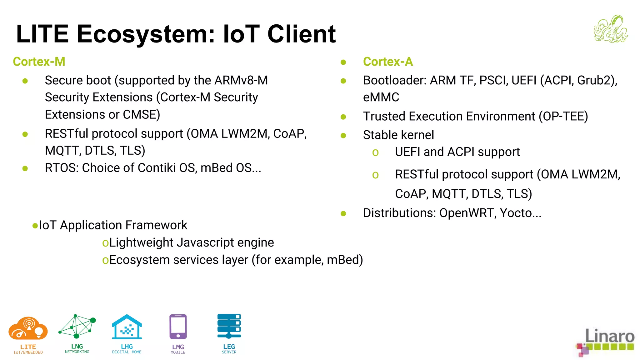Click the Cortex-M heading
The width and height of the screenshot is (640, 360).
click(39, 62)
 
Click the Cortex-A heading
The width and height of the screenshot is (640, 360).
click(388, 62)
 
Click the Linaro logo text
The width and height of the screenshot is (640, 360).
click(609, 336)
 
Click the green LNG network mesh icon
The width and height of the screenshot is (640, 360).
click(77, 327)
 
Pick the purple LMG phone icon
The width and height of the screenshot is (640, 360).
click(178, 327)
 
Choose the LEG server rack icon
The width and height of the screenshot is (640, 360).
click(229, 326)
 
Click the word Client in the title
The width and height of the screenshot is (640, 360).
click(301, 34)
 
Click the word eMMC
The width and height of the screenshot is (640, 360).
click(381, 97)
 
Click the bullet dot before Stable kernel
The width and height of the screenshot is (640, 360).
click(343, 135)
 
